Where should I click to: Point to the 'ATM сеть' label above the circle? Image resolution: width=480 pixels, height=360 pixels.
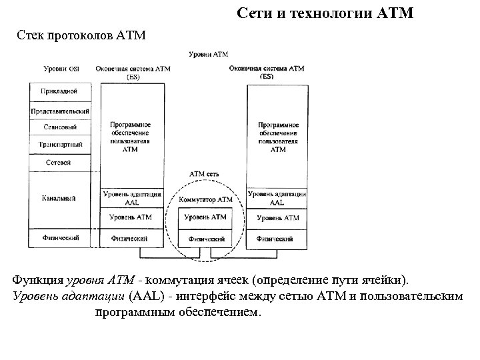point(205,174)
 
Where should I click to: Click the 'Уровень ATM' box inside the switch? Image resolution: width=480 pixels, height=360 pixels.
point(205,217)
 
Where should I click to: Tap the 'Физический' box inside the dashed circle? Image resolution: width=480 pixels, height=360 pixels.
point(205,238)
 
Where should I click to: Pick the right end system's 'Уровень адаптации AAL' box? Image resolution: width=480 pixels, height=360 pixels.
point(277,198)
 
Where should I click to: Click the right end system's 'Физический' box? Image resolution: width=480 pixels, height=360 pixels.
point(277,238)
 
